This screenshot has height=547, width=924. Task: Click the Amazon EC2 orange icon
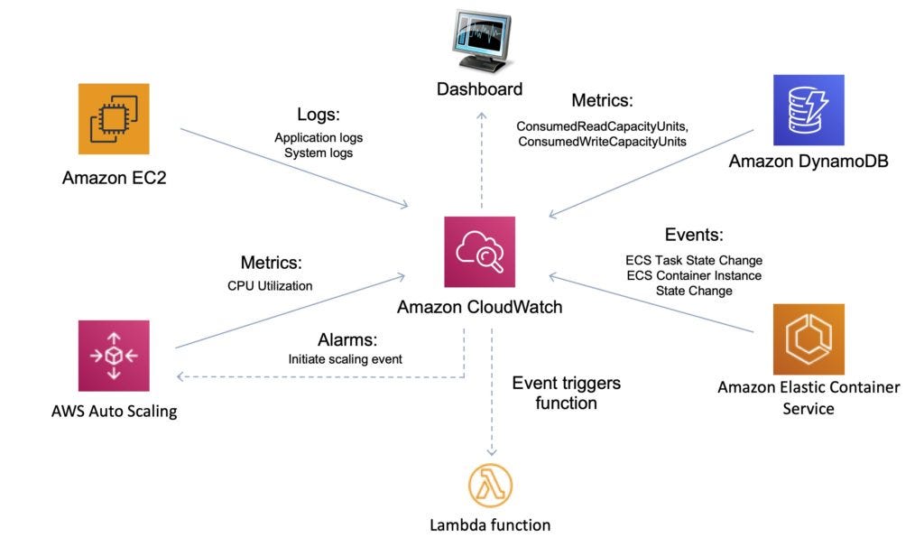point(114,119)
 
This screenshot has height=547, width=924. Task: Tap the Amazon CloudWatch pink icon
point(479,253)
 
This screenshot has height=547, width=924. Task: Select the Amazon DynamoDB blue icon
point(808,110)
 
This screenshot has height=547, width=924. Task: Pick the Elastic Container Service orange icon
point(808,339)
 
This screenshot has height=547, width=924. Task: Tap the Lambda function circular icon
point(489,485)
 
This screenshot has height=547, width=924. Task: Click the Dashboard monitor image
point(480,41)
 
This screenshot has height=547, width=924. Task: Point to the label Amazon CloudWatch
point(479,307)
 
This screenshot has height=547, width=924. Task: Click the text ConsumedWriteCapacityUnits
point(602,142)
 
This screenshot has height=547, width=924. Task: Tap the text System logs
point(319,153)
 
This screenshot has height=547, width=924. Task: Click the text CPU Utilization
point(270,286)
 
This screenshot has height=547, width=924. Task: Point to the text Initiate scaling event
point(345,358)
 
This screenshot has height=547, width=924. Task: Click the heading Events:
point(694,236)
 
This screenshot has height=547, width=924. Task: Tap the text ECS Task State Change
point(694,260)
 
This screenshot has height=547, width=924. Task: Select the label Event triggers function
point(566,393)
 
